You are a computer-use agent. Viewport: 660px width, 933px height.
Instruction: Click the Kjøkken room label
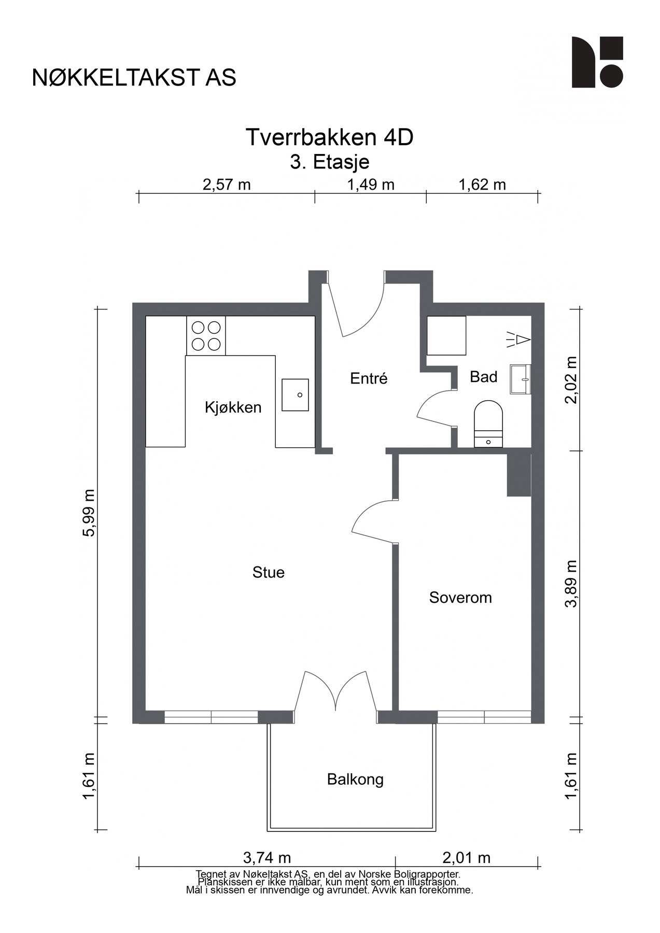[x=233, y=407]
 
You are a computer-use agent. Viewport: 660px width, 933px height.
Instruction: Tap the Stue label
[x=269, y=572]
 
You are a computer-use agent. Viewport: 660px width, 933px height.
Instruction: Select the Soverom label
[x=460, y=598]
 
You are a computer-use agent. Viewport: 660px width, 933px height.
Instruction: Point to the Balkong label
[x=355, y=780]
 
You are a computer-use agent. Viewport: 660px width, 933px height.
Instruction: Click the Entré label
[x=369, y=378]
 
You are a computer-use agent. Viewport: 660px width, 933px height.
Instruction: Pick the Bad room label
[x=484, y=377]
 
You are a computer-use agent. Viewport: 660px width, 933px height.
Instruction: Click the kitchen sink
[x=295, y=394]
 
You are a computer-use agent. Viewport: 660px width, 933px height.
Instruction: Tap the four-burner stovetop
[x=206, y=335]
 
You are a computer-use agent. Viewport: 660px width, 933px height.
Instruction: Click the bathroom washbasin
[x=521, y=379]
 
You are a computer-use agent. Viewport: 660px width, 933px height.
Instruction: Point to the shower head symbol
[x=517, y=340]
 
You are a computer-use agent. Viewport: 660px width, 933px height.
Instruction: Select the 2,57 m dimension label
[x=227, y=185]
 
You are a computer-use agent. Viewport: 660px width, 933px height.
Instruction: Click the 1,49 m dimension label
[x=371, y=185]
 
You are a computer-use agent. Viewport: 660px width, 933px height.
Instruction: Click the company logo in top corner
[x=597, y=62]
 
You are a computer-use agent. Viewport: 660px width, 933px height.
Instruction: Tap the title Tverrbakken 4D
[x=330, y=138]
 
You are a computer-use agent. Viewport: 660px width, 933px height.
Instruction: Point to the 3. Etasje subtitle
[x=330, y=162]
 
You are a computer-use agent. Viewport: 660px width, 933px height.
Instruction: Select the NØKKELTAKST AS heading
[x=134, y=78]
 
